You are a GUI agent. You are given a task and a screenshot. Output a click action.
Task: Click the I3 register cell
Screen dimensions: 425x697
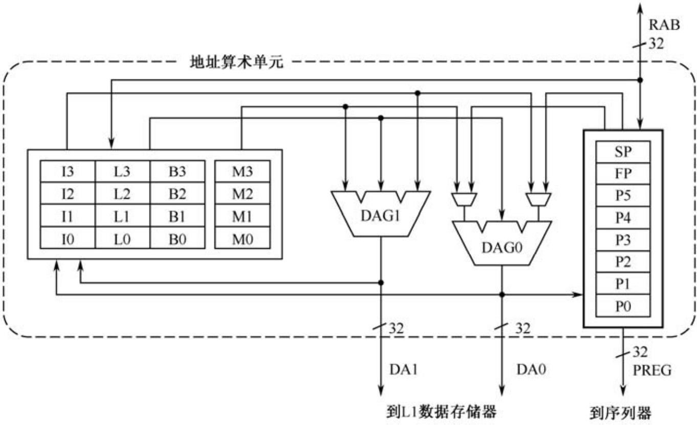click(68, 172)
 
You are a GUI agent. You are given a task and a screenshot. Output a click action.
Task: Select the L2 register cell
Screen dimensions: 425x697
click(122, 194)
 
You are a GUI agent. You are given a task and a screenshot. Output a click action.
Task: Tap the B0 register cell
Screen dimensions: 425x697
click(177, 238)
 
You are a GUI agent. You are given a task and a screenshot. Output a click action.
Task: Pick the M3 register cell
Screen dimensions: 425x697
click(242, 172)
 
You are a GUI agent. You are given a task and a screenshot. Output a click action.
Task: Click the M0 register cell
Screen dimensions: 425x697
click(242, 238)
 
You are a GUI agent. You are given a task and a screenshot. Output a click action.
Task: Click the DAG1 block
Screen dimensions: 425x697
click(381, 215)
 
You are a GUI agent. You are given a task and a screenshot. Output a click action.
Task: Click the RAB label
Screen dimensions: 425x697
click(664, 25)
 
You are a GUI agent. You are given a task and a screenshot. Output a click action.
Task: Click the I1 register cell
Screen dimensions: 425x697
click(68, 216)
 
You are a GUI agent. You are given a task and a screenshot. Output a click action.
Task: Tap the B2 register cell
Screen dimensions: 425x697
click(177, 194)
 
